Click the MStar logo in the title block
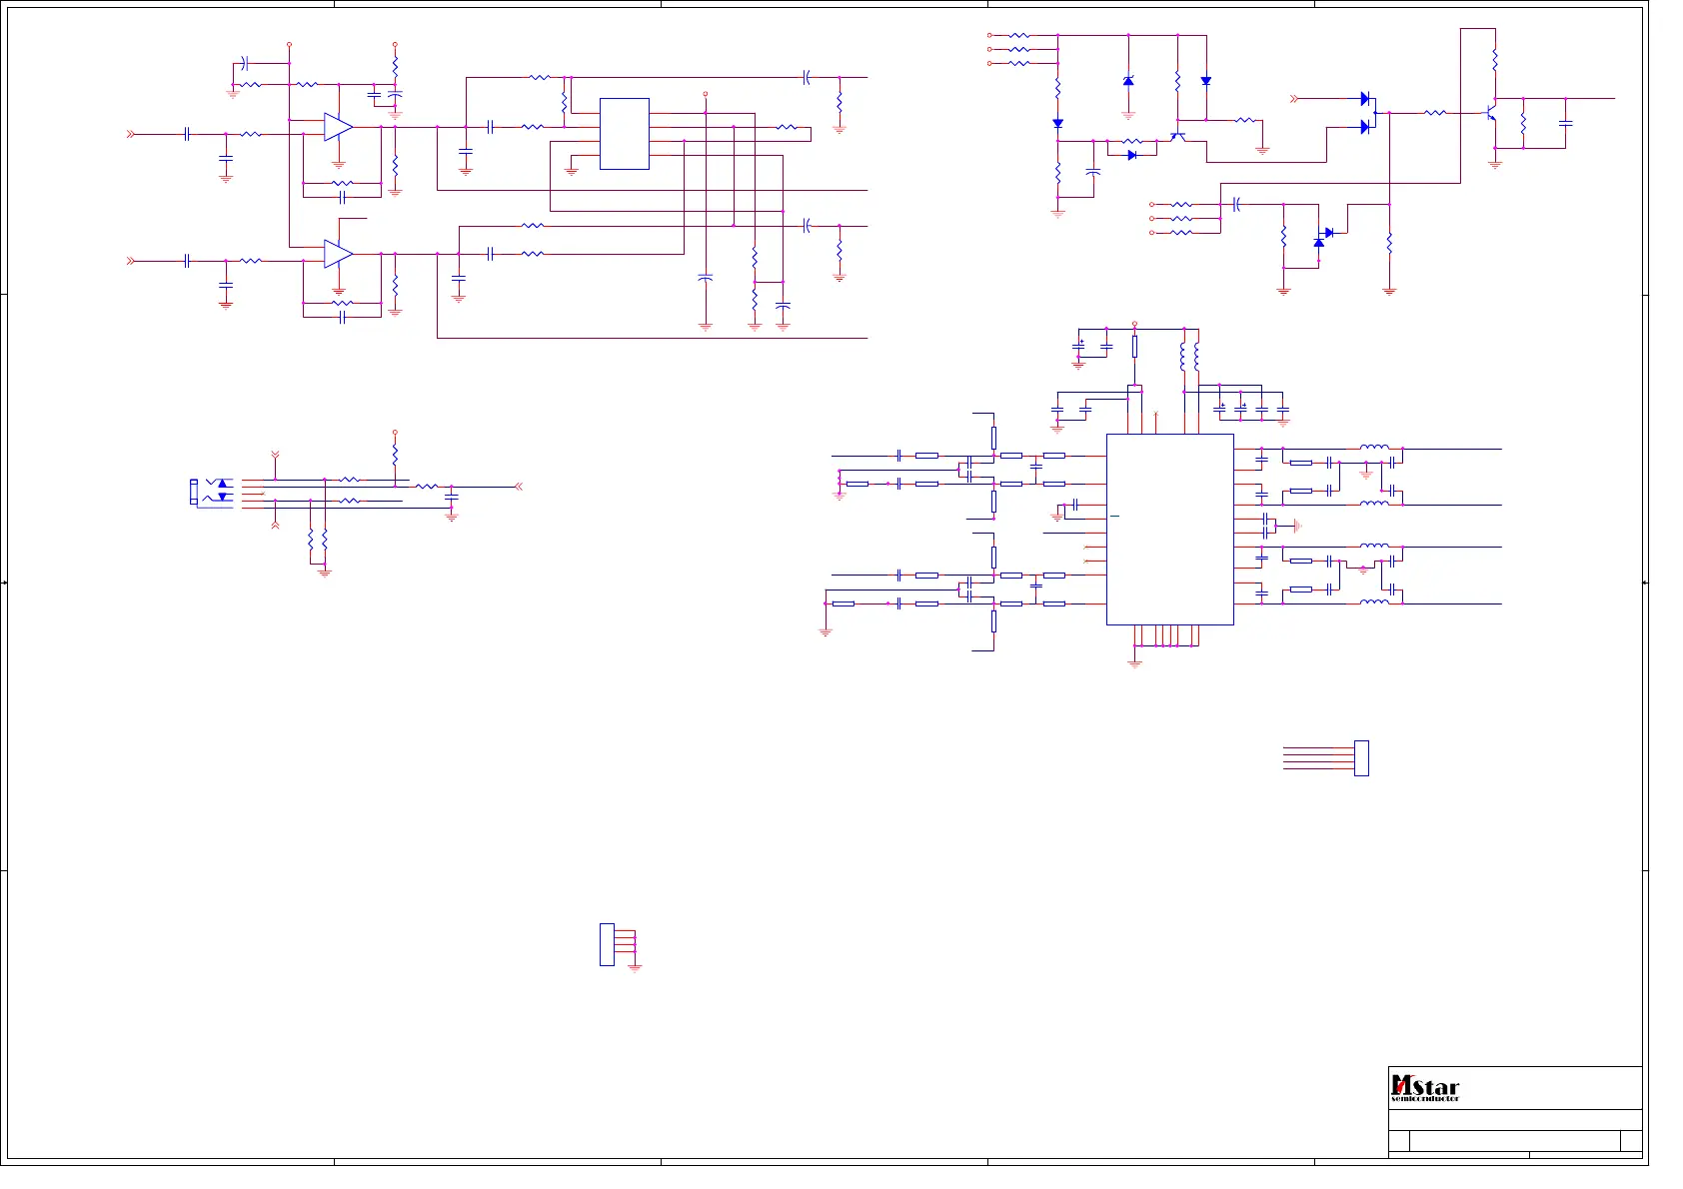[1425, 1086]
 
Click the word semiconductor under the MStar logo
[1425, 1099]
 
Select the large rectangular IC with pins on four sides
[1169, 530]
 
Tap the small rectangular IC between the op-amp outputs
[625, 134]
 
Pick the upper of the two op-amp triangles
[338, 127]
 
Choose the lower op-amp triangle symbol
[338, 254]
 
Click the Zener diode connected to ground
[1128, 81]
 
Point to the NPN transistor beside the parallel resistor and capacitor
[1491, 113]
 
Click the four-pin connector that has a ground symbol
[607, 944]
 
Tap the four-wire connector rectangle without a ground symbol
[1361, 758]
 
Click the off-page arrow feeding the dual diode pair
[1295, 99]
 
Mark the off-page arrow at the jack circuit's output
[518, 487]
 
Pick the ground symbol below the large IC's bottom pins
[1134, 661]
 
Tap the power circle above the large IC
[1134, 324]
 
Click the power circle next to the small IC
[706, 94]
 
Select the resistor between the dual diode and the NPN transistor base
[1434, 113]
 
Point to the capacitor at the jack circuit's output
[452, 496]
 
